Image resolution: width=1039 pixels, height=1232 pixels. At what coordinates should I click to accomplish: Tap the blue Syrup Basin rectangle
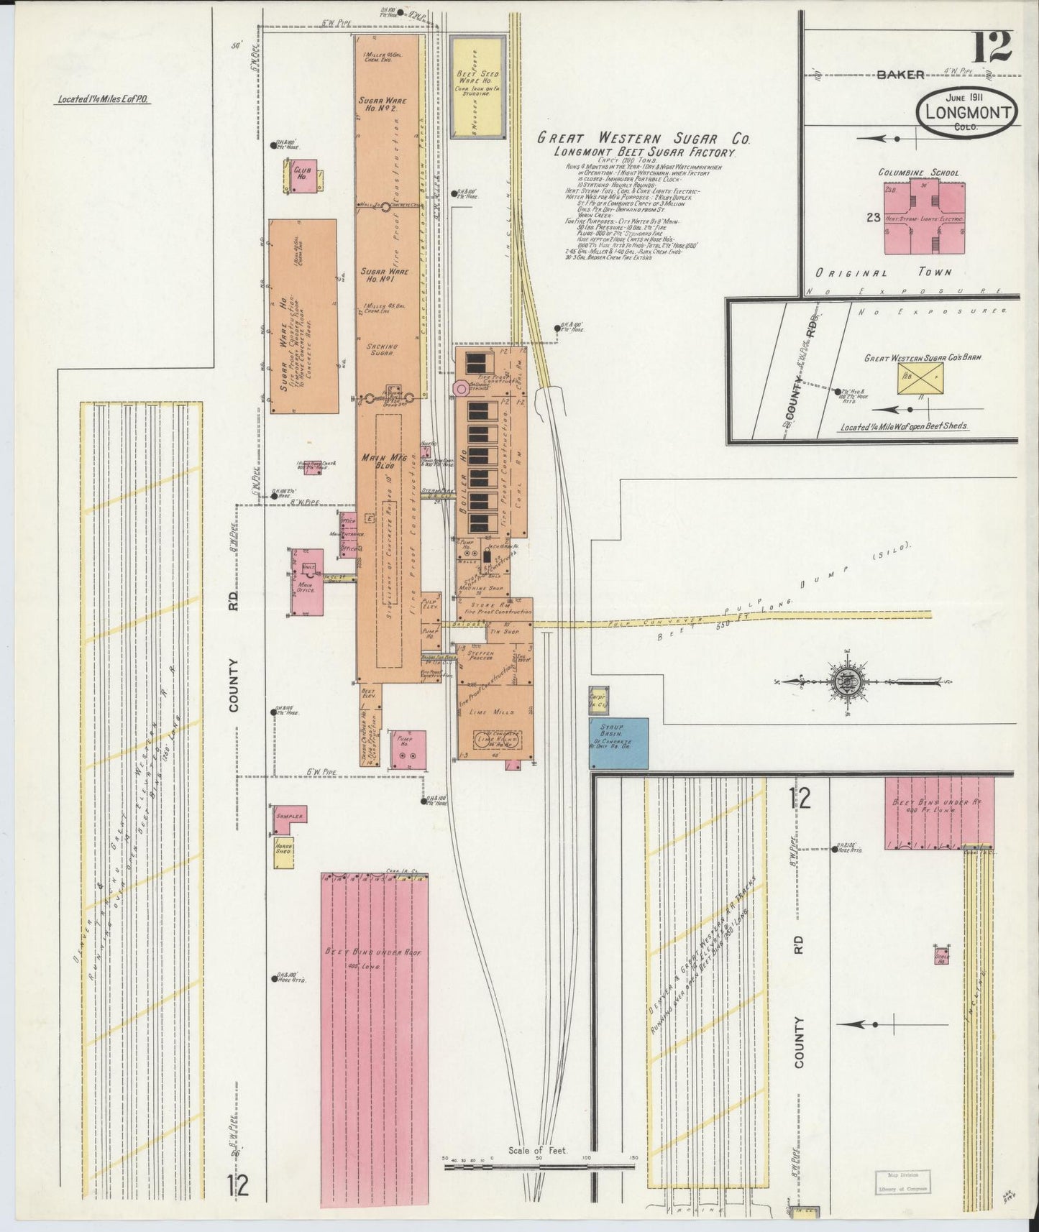tap(619, 743)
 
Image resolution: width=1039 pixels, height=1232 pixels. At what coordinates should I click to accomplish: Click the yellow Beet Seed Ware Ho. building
tap(476, 86)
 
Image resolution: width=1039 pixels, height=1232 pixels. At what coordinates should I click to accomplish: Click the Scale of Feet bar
tap(539, 1167)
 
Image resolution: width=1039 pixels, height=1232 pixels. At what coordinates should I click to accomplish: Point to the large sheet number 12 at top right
tap(993, 48)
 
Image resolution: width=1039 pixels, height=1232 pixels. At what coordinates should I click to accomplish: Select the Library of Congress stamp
tap(902, 1182)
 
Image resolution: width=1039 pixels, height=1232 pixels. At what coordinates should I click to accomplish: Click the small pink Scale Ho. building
tap(942, 955)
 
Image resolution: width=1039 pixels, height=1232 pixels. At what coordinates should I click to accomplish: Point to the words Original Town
tap(884, 272)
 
